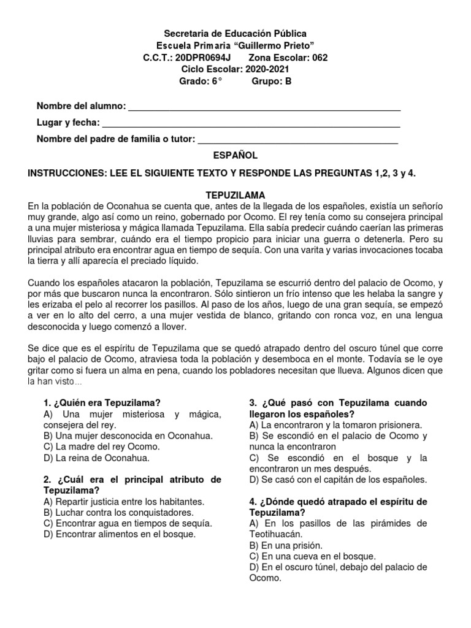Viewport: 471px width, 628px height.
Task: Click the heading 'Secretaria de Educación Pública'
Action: coord(235,33)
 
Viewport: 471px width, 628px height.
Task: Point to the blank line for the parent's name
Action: coord(297,140)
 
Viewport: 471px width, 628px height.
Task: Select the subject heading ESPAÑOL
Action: coord(235,156)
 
